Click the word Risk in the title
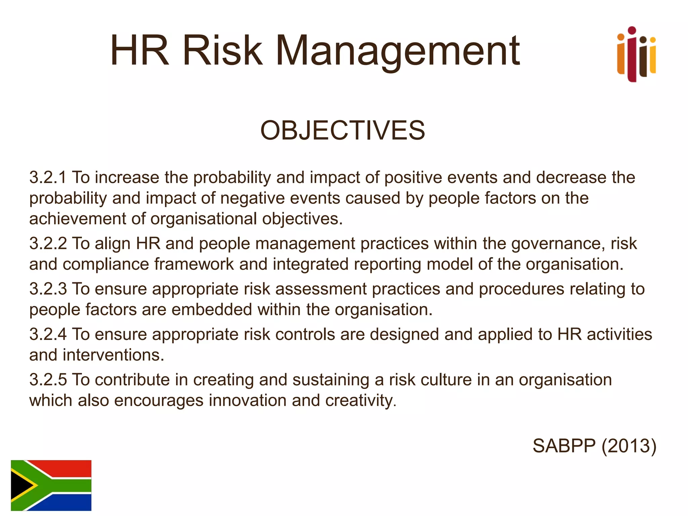222,51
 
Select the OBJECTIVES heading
343,130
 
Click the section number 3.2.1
48,177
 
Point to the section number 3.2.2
48,244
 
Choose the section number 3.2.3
48,289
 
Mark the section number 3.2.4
48,334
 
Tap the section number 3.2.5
48,380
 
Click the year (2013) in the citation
629,446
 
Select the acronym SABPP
564,446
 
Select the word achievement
78,219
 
